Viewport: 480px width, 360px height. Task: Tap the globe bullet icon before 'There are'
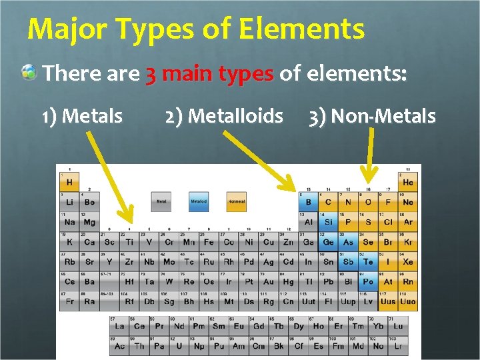(29, 73)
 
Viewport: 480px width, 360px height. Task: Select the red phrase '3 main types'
(209, 73)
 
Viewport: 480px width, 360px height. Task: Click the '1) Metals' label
(81, 117)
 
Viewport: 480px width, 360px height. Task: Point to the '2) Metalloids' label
(224, 117)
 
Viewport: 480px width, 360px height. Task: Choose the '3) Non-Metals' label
(372, 117)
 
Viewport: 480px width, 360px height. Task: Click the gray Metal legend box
(161, 201)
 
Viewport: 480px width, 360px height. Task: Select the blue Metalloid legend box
(199, 201)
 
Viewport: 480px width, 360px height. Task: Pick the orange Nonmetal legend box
(236, 201)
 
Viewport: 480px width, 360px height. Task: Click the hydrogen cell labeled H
(69, 182)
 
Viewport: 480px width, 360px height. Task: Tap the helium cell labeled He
(407, 182)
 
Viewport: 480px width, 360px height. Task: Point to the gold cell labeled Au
(268, 281)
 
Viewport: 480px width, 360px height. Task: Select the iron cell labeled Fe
(209, 242)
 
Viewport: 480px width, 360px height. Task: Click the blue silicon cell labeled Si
(328, 222)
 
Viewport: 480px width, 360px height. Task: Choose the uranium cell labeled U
(179, 345)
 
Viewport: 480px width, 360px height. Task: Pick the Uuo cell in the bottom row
(407, 301)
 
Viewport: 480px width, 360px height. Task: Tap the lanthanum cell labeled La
(119, 326)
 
